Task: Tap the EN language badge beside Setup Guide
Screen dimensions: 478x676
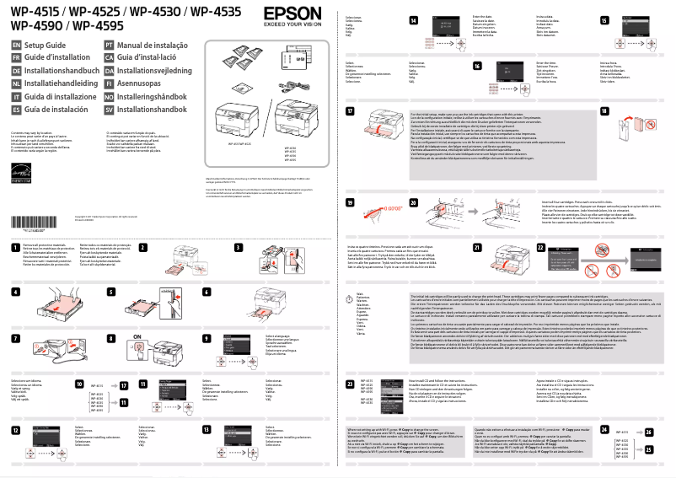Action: coord(16,44)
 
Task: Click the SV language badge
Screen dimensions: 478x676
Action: coord(109,110)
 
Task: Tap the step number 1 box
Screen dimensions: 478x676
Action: coord(16,248)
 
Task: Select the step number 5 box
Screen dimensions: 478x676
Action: coord(112,292)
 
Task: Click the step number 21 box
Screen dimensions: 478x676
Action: coord(477,247)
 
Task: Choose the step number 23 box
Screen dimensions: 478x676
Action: coord(350,384)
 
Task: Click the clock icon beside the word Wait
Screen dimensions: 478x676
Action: coord(351,293)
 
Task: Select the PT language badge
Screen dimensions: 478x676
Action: coord(109,44)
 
